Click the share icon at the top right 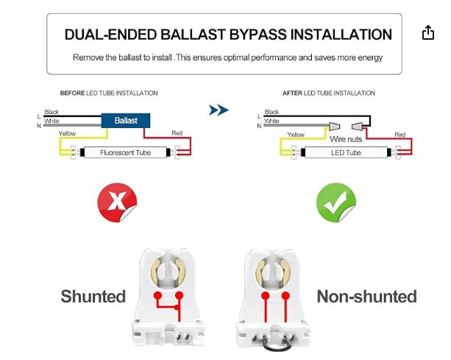point(428,33)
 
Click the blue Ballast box point(126,119)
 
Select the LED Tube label point(345,153)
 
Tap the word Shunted point(93,297)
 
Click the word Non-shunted point(366,297)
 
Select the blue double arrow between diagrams point(219,110)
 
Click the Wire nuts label point(347,139)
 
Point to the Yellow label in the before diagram point(67,134)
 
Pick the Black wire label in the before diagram point(52,112)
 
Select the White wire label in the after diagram point(271,120)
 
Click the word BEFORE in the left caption point(72,93)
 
